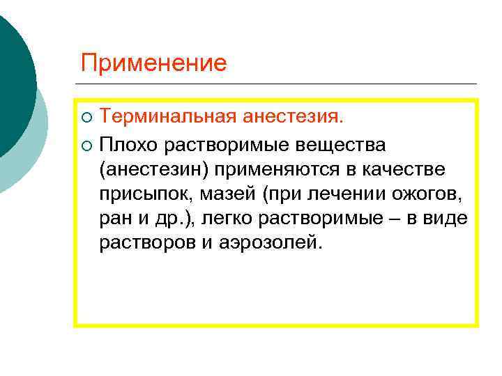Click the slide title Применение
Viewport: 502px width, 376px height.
153,63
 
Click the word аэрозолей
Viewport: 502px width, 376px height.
280,244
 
